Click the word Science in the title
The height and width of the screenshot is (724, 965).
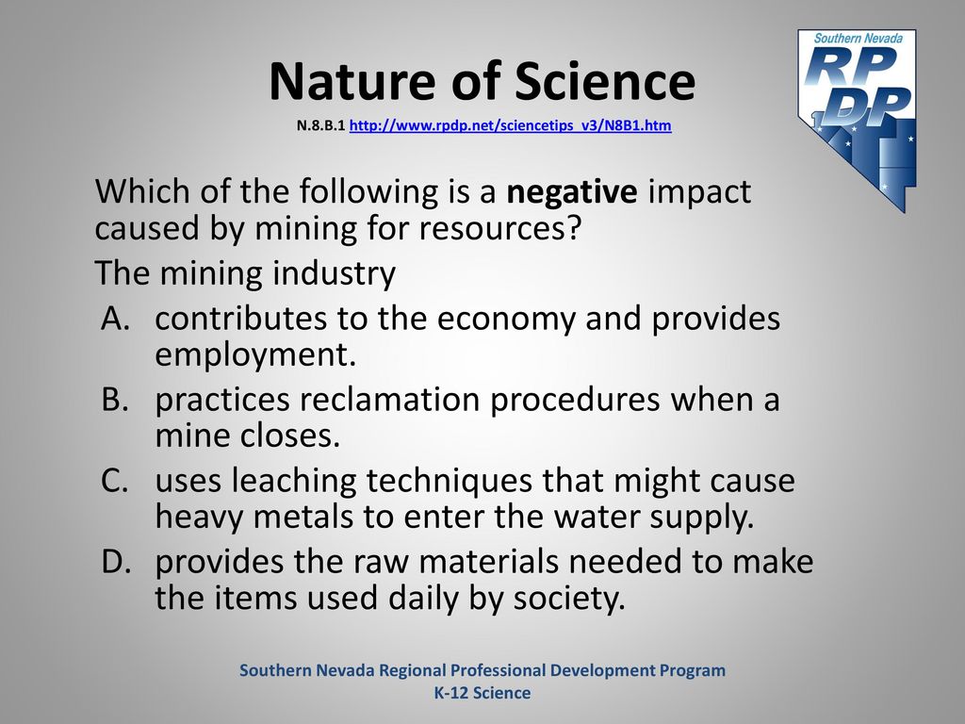[x=605, y=81]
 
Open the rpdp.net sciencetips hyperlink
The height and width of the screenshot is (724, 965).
[x=510, y=125]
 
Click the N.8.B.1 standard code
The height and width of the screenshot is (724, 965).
[x=320, y=125]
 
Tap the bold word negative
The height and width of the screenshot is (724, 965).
[x=572, y=192]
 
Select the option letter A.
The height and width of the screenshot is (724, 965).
[x=116, y=319]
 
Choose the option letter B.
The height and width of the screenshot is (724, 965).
[x=115, y=400]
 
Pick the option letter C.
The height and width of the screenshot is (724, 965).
[x=115, y=481]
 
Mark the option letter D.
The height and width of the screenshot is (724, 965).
[x=116, y=562]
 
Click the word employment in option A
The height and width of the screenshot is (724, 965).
[x=255, y=355]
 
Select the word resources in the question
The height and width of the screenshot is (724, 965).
[x=500, y=229]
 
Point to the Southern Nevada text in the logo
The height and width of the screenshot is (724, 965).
[x=859, y=38]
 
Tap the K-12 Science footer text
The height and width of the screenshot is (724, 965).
[x=482, y=693]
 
